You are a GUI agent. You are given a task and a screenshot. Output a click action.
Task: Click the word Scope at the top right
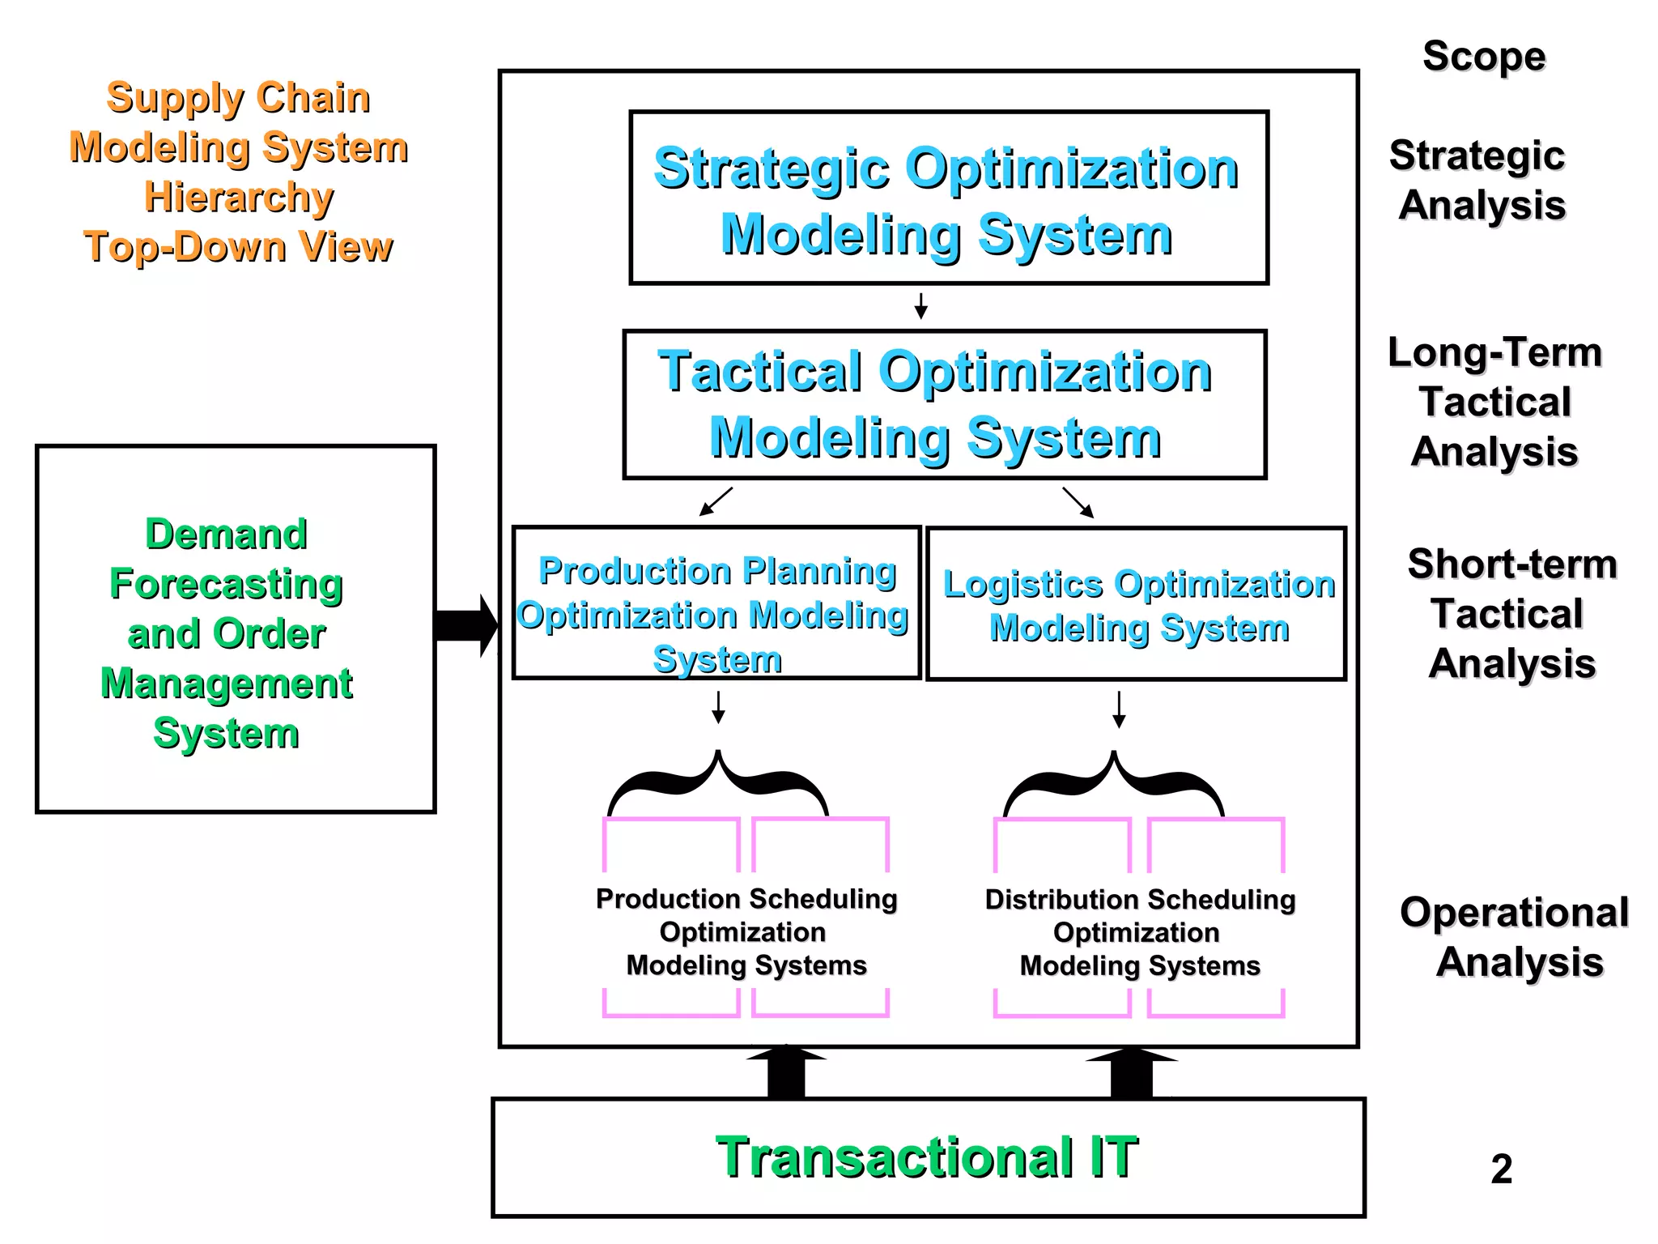click(1484, 57)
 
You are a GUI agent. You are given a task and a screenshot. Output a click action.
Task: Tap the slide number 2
click(1501, 1169)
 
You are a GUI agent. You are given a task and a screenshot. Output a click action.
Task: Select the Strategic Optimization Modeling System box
click(948, 198)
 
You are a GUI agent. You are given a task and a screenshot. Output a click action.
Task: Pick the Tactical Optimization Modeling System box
click(944, 404)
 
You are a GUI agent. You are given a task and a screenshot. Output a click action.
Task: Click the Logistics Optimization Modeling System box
click(1137, 604)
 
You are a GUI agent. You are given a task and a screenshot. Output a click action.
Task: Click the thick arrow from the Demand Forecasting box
click(466, 625)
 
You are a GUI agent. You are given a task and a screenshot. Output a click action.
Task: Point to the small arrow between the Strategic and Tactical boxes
click(920, 306)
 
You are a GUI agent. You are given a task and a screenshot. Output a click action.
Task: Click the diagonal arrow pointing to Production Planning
click(716, 501)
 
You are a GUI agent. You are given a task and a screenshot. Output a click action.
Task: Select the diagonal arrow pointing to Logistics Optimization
click(1078, 502)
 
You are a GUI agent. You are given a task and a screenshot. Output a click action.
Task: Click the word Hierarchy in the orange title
click(239, 197)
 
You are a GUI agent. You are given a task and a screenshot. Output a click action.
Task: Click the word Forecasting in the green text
click(226, 584)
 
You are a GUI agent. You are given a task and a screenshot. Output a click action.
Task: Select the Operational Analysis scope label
click(1515, 937)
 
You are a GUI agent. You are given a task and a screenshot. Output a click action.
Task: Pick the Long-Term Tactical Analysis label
click(1494, 402)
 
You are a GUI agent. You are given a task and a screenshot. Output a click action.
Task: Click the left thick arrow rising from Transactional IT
click(786, 1072)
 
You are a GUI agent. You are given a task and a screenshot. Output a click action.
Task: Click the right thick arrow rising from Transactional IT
click(1132, 1073)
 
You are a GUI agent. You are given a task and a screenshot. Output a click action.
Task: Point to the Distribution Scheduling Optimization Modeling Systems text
click(1140, 932)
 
